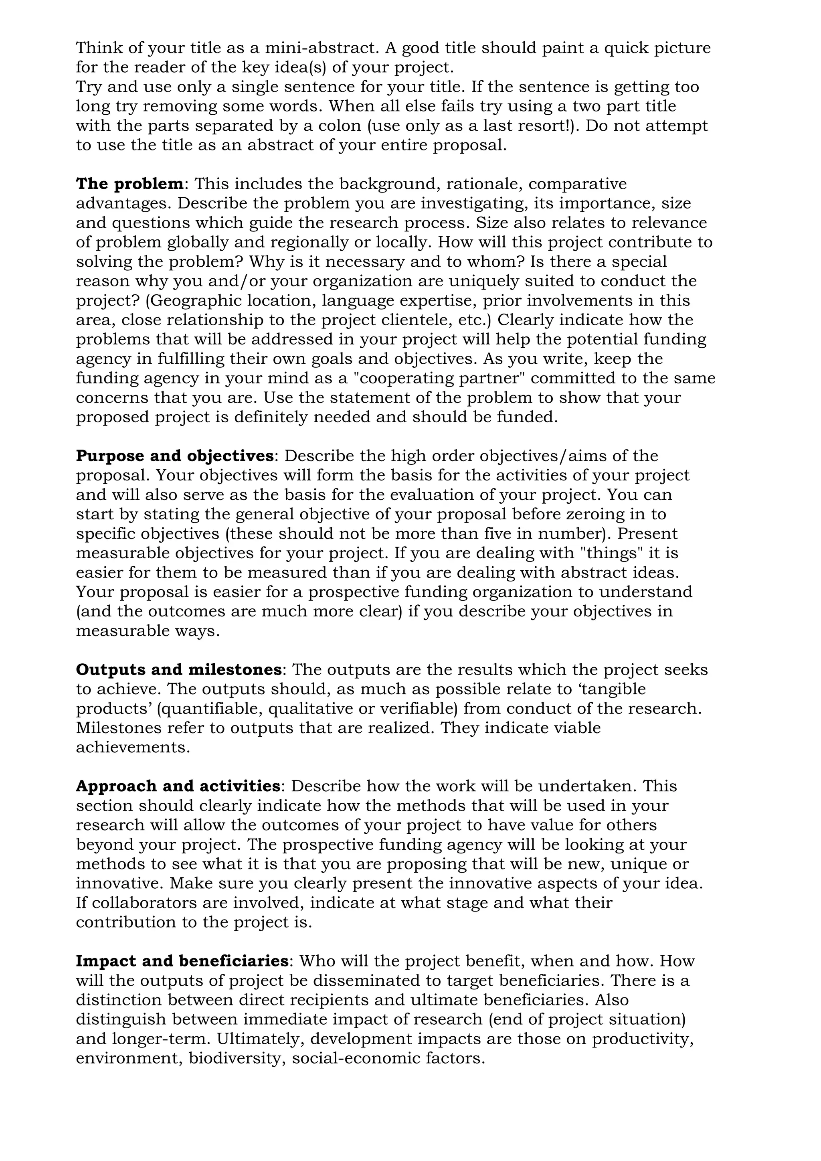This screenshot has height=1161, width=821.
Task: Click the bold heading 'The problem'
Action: click(x=129, y=184)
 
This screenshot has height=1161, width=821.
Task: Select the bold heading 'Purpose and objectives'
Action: click(x=174, y=456)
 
